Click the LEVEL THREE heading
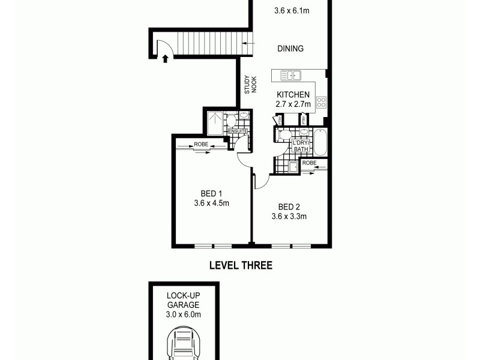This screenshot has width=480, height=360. (240, 265)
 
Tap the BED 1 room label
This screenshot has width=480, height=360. (212, 193)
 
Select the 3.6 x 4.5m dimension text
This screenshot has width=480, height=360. (212, 203)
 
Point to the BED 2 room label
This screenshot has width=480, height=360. (289, 207)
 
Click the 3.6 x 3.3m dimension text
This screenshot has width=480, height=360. (289, 217)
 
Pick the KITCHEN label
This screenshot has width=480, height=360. (293, 95)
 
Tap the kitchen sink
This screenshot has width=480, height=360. (292, 76)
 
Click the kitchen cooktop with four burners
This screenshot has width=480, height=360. (321, 102)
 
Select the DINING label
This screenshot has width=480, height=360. (290, 49)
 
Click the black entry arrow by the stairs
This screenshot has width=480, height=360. (165, 58)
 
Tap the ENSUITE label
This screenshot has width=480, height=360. (238, 131)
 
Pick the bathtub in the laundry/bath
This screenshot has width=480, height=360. (319, 142)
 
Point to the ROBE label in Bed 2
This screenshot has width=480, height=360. (310, 163)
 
